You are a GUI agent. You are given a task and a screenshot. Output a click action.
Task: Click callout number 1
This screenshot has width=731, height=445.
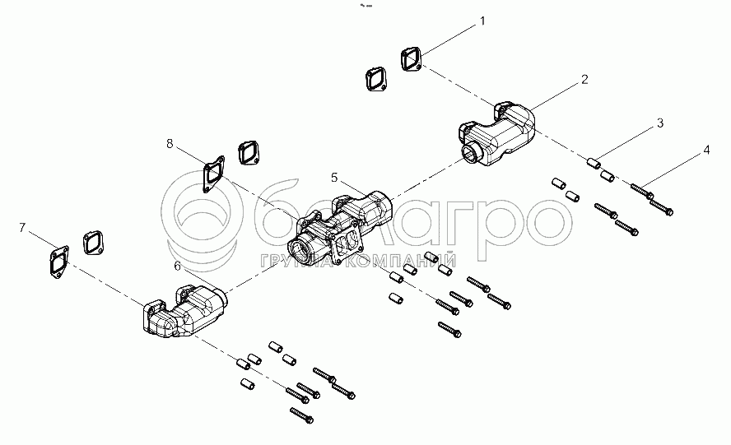(x=482, y=21)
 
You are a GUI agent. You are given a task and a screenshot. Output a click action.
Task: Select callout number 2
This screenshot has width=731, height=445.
(x=584, y=80)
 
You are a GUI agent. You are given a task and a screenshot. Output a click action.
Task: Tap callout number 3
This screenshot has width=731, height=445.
(x=660, y=123)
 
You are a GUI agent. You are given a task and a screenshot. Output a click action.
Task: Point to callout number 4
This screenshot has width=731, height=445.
(x=707, y=150)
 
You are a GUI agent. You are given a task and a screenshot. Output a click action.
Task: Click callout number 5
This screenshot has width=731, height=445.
(x=334, y=178)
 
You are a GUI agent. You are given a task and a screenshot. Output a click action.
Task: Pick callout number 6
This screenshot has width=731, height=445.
(x=177, y=266)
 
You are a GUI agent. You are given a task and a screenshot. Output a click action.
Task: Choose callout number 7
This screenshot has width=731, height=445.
(x=22, y=227)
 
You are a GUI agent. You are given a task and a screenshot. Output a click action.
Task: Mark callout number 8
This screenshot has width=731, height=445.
(x=170, y=144)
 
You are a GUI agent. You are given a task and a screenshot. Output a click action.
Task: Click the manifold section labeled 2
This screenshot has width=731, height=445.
(x=496, y=132)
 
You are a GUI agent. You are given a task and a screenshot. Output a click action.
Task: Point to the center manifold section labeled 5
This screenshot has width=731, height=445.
(x=338, y=226)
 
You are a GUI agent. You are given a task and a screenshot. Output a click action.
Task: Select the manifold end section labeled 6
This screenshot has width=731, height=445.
(x=184, y=310)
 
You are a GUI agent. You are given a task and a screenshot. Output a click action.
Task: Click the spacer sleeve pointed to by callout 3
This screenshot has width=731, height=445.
(x=593, y=164)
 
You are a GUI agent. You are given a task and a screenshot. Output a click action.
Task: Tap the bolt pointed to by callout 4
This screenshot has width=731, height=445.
(x=642, y=191)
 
